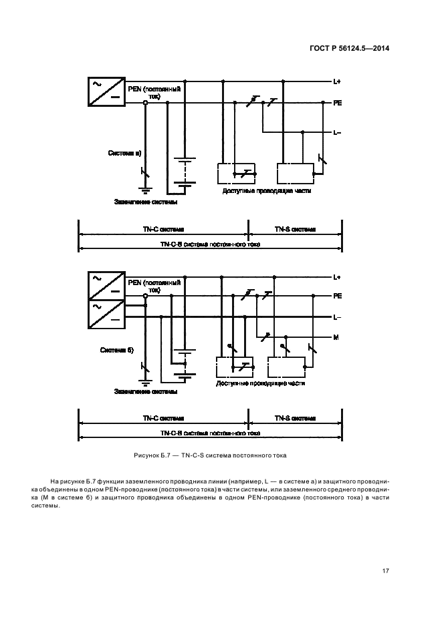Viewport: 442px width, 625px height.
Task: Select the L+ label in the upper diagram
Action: pyautogui.click(x=337, y=82)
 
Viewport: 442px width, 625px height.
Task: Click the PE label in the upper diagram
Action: pyautogui.click(x=338, y=103)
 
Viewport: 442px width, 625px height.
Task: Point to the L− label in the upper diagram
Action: pyautogui.click(x=337, y=132)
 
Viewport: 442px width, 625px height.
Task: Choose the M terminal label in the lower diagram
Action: pyautogui.click(x=336, y=337)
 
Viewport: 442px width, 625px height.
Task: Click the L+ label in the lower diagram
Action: pyautogui.click(x=337, y=276)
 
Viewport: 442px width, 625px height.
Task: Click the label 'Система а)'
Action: pyautogui.click(x=125, y=153)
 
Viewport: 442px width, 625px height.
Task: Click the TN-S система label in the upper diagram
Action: pyautogui.click(x=295, y=229)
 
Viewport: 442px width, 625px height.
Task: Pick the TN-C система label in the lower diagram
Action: pyautogui.click(x=163, y=418)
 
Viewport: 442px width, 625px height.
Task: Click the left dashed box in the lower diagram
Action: pyautogui.click(x=232, y=368)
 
